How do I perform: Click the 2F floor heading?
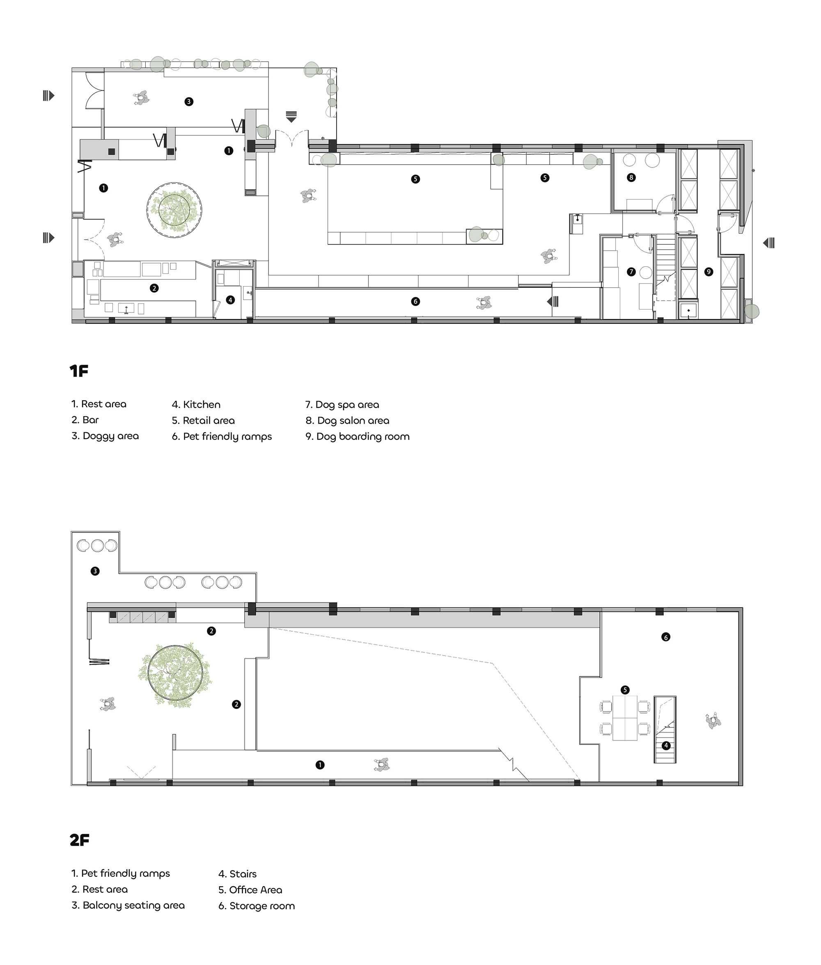coord(79,840)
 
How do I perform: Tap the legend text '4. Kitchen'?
coord(196,404)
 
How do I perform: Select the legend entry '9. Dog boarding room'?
coord(358,436)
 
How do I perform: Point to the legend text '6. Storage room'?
coord(257,905)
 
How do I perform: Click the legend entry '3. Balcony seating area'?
coord(128,905)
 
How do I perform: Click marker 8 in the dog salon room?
coord(631,177)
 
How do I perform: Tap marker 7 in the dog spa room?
coord(631,272)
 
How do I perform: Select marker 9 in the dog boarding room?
coord(709,272)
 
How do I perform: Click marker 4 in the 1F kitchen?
coord(230,300)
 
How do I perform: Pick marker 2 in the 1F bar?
coord(154,288)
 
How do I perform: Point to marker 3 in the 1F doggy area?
coord(188,101)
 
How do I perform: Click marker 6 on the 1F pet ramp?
coord(415,302)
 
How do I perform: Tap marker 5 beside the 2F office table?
coord(625,690)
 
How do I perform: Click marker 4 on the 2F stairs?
coord(666,745)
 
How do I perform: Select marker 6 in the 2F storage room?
coord(665,637)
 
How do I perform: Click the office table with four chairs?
coord(625,717)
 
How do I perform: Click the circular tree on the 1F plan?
coord(174,210)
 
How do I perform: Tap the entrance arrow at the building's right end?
coord(769,243)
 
